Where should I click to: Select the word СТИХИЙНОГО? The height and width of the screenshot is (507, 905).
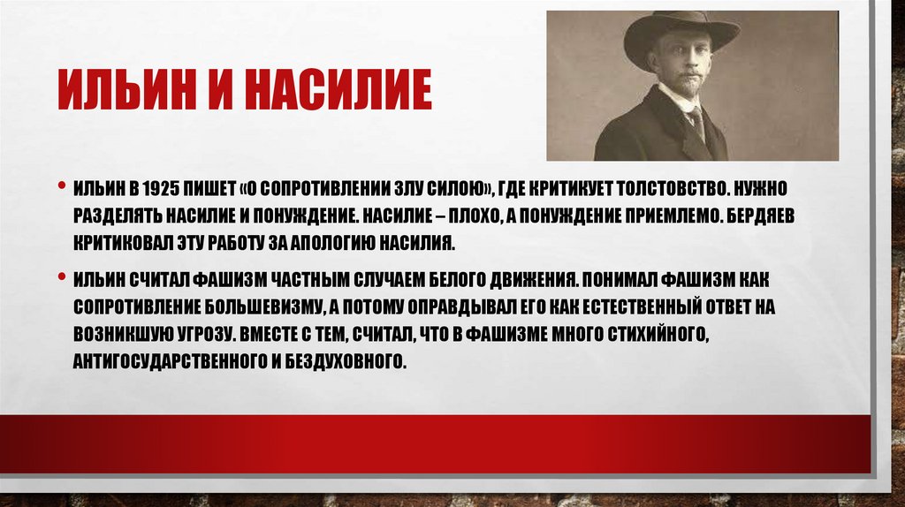click(x=665, y=334)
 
